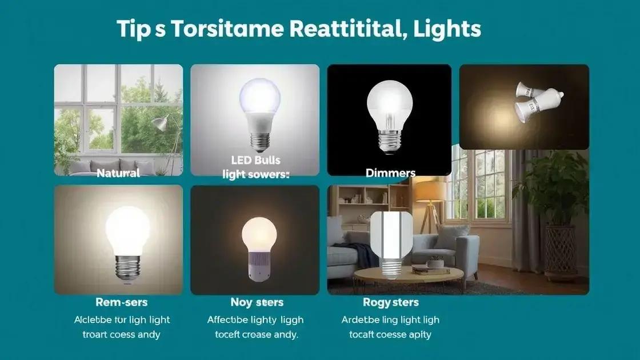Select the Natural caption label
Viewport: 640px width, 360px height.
[x=118, y=172]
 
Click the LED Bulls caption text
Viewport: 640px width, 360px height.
[x=255, y=161]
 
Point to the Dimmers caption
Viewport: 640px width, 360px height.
[x=390, y=172]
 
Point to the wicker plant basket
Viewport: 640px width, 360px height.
[x=561, y=249]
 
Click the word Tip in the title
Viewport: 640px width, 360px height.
[x=132, y=29]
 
